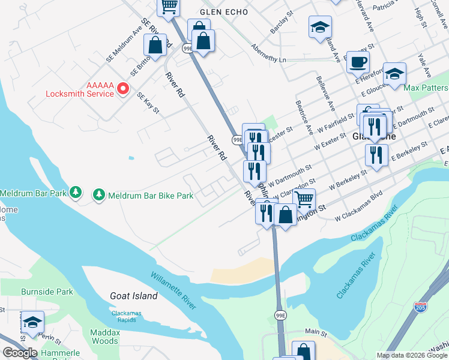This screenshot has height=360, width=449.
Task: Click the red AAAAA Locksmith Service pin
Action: click(x=123, y=89)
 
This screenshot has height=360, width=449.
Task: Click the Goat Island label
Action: click(x=134, y=296)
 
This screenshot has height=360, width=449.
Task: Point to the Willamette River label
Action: click(x=173, y=290)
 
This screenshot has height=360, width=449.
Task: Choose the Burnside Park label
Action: click(x=47, y=292)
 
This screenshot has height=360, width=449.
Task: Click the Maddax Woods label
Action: click(x=104, y=336)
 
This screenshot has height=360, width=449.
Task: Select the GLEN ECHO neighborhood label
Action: click(x=223, y=12)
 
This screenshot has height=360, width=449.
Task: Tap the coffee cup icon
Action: click(x=358, y=61)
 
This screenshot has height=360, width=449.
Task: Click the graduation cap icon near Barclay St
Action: click(x=320, y=27)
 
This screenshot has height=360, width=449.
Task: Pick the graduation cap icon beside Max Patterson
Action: click(x=394, y=74)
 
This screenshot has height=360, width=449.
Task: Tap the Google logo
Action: click(x=20, y=353)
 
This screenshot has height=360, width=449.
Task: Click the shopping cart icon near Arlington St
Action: click(x=304, y=199)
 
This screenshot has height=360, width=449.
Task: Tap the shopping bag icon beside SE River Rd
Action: click(x=155, y=45)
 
